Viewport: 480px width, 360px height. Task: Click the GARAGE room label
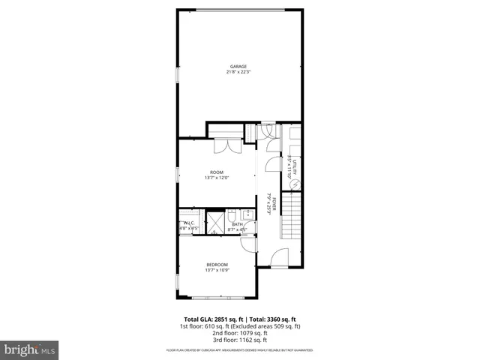click(x=239, y=67)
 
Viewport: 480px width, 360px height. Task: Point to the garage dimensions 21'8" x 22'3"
click(x=239, y=72)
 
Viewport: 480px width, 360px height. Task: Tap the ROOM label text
click(x=217, y=172)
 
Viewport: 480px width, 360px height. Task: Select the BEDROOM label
click(x=217, y=264)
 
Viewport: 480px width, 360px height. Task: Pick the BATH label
click(x=237, y=223)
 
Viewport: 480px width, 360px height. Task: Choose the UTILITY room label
click(x=295, y=166)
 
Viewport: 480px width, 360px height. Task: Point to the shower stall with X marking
click(x=216, y=223)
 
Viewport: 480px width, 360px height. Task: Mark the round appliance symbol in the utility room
click(x=295, y=184)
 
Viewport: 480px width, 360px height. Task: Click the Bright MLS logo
click(x=29, y=349)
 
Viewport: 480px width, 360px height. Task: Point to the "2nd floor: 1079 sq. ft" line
click(x=239, y=333)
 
